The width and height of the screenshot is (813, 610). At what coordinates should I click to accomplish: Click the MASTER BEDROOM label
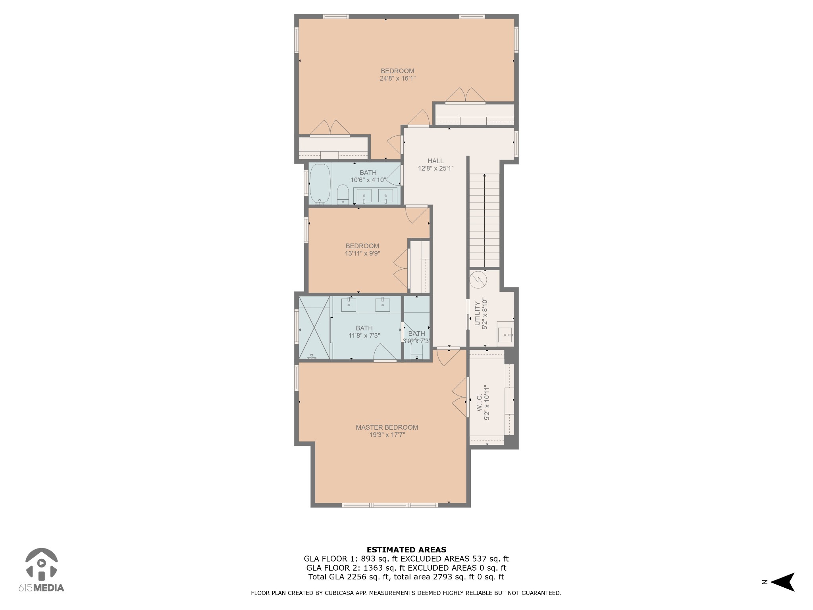pyautogui.click(x=387, y=427)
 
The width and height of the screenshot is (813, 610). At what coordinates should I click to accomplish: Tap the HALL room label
pyautogui.click(x=435, y=161)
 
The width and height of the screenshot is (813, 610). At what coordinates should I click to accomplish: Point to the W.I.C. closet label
pyautogui.click(x=479, y=402)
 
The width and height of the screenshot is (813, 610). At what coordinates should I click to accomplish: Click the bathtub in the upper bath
pyautogui.click(x=320, y=184)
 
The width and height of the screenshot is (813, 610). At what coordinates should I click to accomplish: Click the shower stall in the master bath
pyautogui.click(x=314, y=327)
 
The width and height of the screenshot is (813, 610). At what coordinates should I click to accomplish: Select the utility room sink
pyautogui.click(x=505, y=335)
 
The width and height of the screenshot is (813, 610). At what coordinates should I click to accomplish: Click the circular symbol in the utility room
pyautogui.click(x=478, y=280)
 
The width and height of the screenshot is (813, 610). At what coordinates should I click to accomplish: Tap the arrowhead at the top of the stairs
pyautogui.click(x=484, y=176)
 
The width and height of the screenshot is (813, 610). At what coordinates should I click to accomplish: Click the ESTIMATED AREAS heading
pyautogui.click(x=406, y=550)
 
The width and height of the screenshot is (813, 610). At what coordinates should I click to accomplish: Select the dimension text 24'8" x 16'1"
pyautogui.click(x=397, y=79)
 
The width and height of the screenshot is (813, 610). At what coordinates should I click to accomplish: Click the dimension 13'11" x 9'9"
pyautogui.click(x=362, y=253)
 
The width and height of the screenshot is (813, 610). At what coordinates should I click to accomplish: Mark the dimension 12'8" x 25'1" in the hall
pyautogui.click(x=435, y=168)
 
